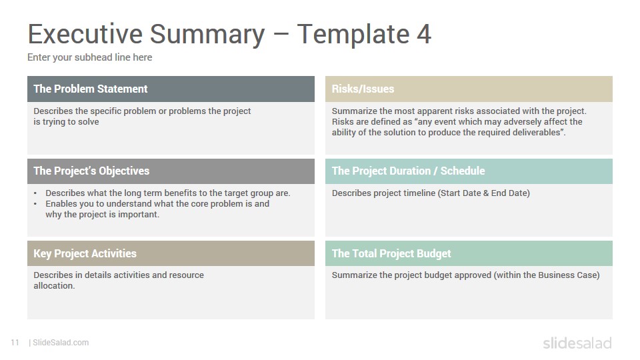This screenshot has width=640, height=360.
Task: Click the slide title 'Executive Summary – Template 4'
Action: tap(229, 34)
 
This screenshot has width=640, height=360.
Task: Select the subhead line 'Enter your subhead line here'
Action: tap(90, 57)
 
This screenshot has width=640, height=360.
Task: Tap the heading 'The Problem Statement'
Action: tap(91, 89)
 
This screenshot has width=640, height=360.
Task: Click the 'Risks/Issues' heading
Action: tap(363, 89)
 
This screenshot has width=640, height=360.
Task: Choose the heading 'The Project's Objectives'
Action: tap(91, 171)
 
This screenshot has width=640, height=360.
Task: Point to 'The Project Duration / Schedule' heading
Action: tap(408, 171)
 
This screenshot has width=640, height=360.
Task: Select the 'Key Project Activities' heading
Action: tap(85, 253)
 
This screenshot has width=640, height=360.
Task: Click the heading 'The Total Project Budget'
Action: tap(391, 253)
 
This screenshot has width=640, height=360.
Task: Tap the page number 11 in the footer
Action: tap(15, 343)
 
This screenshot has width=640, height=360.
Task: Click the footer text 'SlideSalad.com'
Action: tap(61, 343)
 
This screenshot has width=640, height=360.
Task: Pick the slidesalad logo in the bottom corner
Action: tap(577, 343)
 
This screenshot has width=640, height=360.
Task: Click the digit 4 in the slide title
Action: tap(424, 34)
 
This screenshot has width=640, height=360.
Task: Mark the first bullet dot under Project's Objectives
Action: tap(35, 193)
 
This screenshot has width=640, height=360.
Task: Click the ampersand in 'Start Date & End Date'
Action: tap(486, 193)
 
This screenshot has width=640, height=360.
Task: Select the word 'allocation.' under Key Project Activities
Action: tap(54, 286)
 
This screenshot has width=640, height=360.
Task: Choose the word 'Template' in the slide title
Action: tap(353, 34)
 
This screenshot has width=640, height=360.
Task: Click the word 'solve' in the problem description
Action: tap(89, 121)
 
